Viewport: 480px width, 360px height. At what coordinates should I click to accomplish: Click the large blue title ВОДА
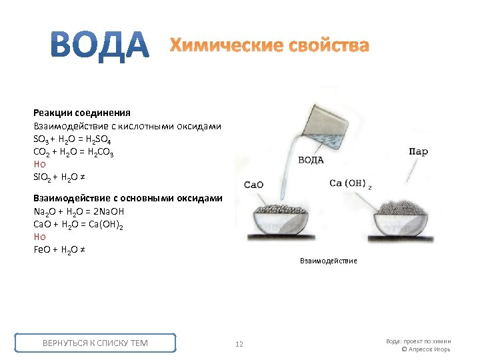[x=101, y=45]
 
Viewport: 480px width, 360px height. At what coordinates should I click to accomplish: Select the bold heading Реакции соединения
[x=82, y=113]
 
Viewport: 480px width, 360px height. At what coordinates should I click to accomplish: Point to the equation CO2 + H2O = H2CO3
[x=73, y=151]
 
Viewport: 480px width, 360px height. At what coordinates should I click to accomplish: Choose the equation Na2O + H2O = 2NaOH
[x=78, y=211]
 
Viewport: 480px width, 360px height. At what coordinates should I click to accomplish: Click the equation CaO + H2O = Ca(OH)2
[x=78, y=225]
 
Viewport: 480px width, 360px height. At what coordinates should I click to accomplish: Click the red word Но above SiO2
[x=39, y=164]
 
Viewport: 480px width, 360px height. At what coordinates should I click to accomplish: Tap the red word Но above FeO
[x=39, y=237]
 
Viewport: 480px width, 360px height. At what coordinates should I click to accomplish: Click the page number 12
[x=239, y=344]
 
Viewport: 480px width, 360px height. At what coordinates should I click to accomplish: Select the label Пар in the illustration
[x=417, y=152]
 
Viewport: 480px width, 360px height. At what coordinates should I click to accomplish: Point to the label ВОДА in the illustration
[x=311, y=160]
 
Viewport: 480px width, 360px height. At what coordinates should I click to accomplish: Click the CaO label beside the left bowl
[x=255, y=185]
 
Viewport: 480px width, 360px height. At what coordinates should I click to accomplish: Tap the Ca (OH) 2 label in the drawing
[x=350, y=183]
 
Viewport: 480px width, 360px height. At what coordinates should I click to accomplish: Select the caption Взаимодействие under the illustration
[x=328, y=261]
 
